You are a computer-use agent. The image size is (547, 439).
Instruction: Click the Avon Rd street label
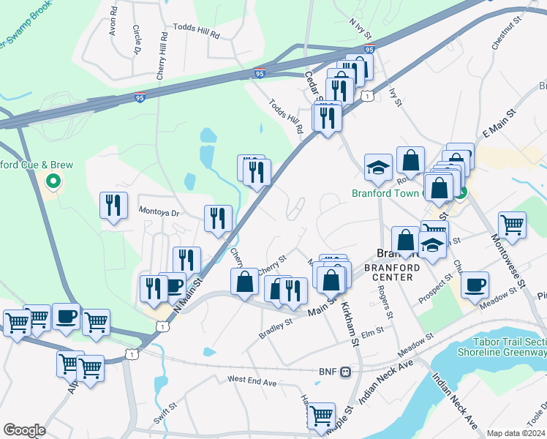click(x=113, y=23)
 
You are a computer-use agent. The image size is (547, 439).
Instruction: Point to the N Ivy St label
click(x=361, y=30)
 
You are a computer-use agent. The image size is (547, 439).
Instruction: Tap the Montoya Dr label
click(x=159, y=210)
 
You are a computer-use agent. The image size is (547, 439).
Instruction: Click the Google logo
click(x=24, y=429)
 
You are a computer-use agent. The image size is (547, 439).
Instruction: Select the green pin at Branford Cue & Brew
click(x=53, y=180)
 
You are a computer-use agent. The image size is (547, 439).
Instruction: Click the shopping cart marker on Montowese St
click(x=512, y=225)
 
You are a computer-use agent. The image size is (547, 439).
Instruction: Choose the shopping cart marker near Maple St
click(x=321, y=416)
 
